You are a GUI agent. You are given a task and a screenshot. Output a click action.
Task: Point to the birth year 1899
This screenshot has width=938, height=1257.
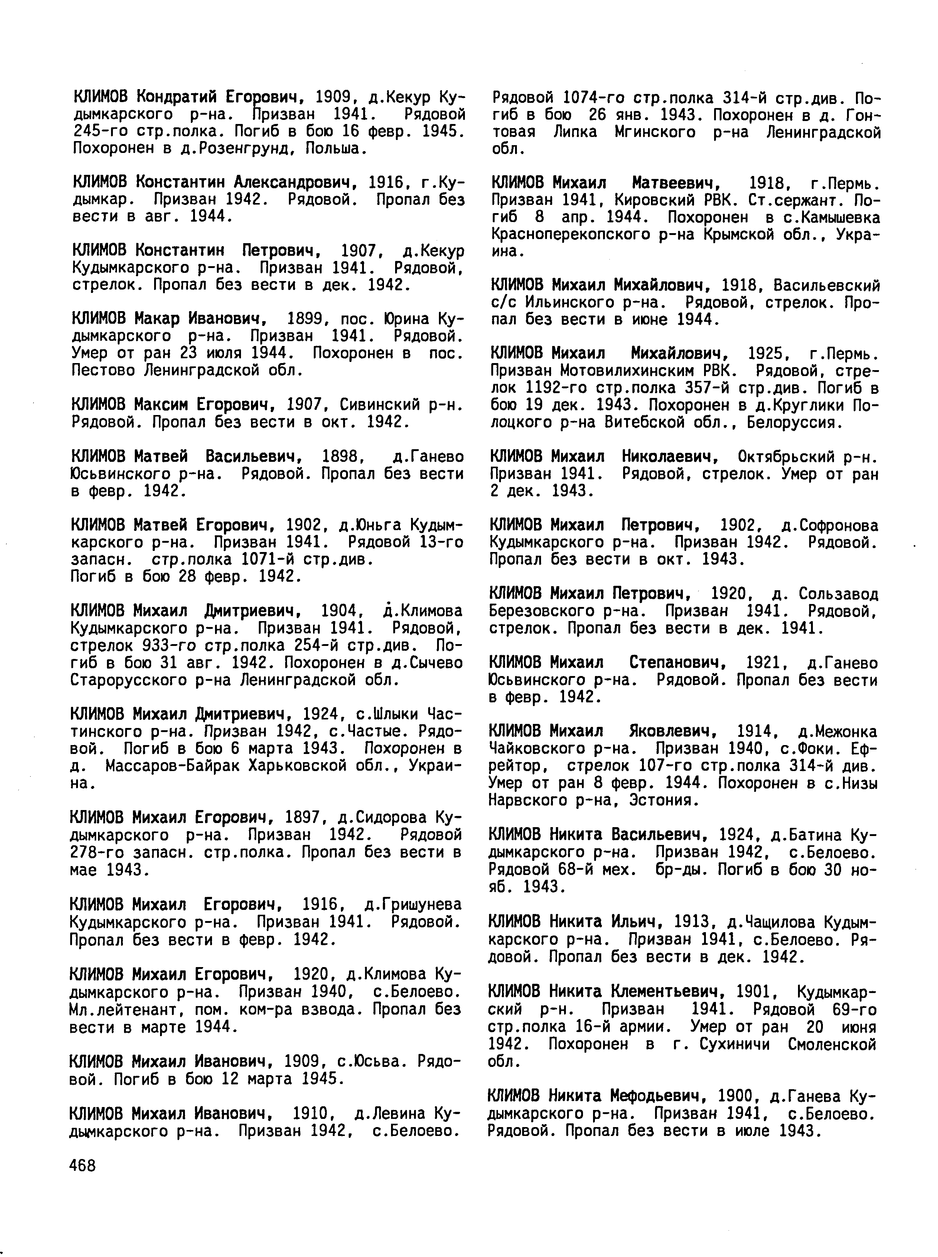pos(307,319)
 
